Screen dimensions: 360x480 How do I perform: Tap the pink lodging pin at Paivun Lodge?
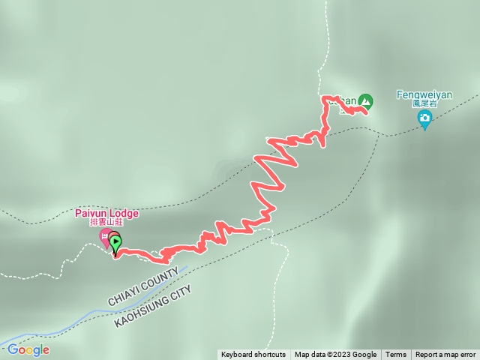click(x=104, y=237)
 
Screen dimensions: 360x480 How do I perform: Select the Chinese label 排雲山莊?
click(x=106, y=223)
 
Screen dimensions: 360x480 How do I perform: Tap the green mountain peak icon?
click(x=365, y=100)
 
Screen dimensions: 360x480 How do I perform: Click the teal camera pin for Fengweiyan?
click(x=424, y=118)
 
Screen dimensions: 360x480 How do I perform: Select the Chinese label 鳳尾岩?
click(x=424, y=104)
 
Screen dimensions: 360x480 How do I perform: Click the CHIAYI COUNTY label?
click(x=142, y=287)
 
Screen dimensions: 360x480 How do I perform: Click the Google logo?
click(x=28, y=349)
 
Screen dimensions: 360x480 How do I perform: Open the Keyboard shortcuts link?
click(x=253, y=355)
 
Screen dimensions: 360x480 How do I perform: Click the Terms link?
click(x=395, y=355)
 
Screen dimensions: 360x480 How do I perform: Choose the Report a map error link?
click(x=445, y=355)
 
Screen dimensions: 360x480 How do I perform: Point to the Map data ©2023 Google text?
click(x=335, y=355)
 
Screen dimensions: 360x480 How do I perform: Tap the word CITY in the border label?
click(x=181, y=290)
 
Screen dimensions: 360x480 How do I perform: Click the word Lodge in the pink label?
click(x=123, y=213)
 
